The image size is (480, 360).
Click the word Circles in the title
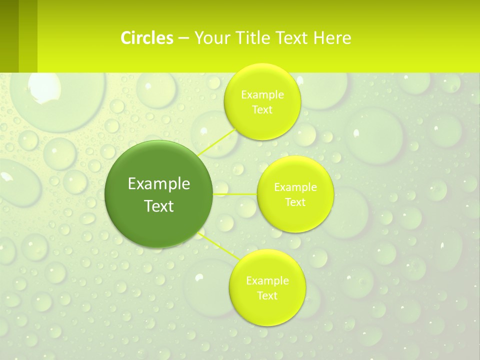coord(147,38)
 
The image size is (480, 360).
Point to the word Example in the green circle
coord(159,184)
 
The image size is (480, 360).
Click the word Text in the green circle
coord(159,206)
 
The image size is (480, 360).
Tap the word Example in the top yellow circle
coord(262,95)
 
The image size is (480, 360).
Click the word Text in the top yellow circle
coord(262,110)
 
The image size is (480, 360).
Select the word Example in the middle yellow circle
coord(295,187)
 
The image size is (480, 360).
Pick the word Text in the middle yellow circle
coord(295,202)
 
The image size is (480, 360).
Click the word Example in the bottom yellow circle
coord(267,281)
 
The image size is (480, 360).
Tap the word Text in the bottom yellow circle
coord(267,296)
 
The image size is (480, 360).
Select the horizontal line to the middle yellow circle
coord(235,194)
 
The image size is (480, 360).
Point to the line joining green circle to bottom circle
coord(218,245)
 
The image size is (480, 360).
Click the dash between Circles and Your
coord(183,38)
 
